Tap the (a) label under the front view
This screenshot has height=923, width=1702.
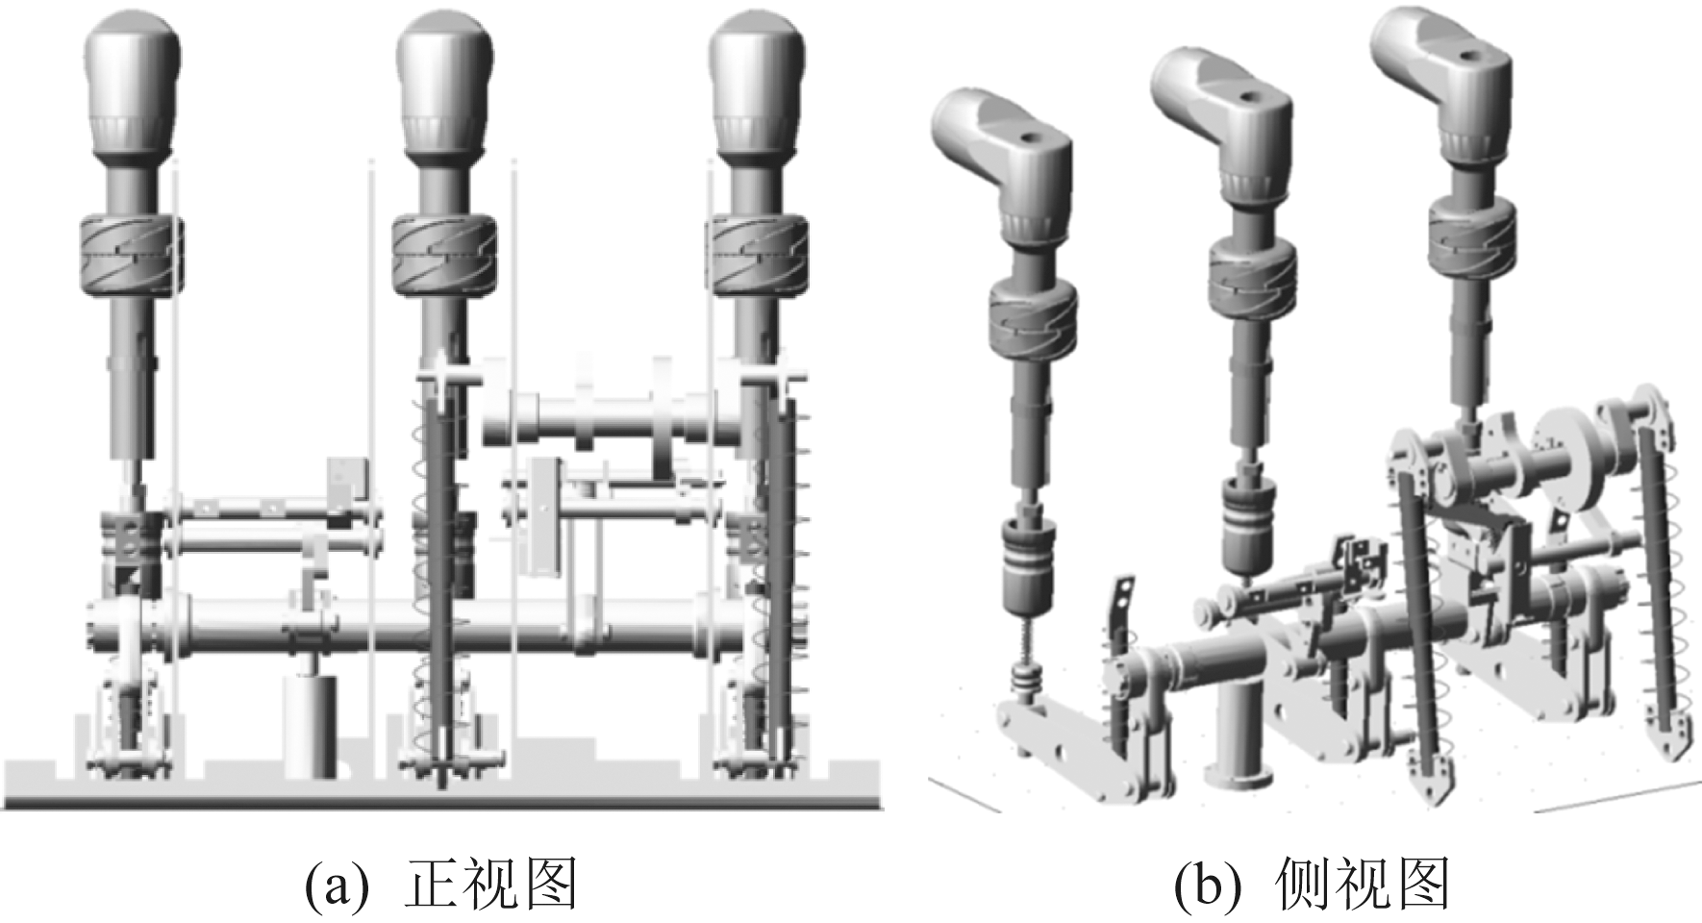[x=336, y=886]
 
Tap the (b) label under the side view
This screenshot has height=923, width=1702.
[x=1207, y=886]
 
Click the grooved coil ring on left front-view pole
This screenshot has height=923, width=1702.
[x=130, y=255]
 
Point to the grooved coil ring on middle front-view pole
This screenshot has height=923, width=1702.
[x=444, y=255]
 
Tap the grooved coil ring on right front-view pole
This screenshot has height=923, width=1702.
[x=758, y=255]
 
